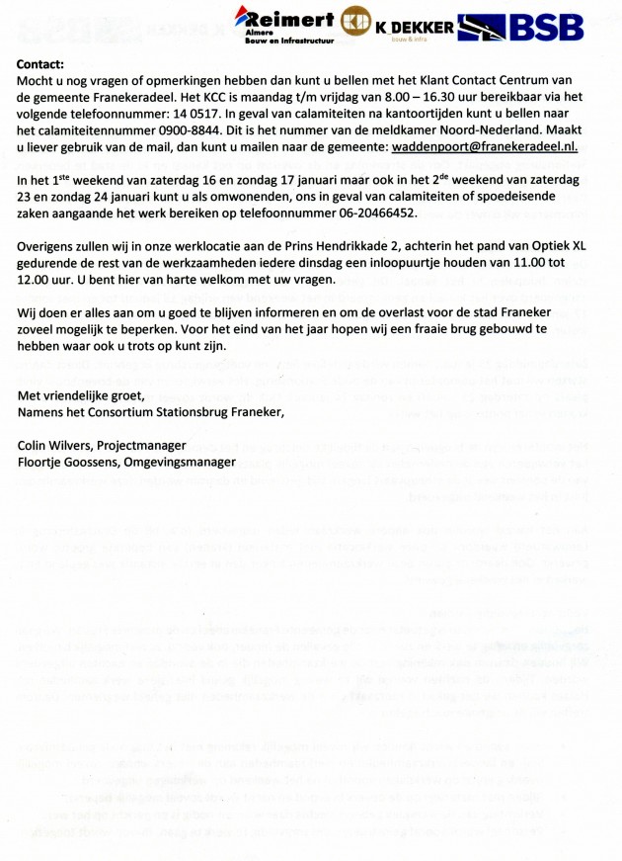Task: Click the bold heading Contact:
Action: (42, 64)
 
